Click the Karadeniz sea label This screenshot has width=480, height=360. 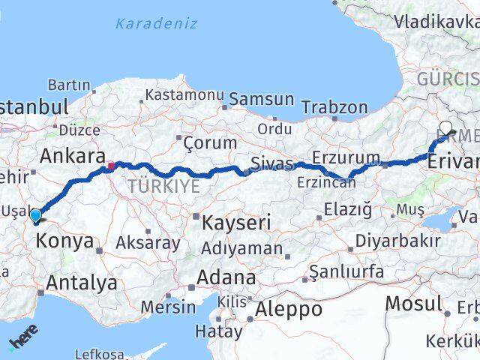156,23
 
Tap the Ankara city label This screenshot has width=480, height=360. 72,156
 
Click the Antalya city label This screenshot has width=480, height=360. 82,283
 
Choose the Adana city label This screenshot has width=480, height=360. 226,277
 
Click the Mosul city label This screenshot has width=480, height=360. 413,304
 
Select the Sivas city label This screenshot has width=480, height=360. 271,163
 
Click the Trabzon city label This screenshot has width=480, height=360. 334,107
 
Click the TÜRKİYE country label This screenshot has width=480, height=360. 163,186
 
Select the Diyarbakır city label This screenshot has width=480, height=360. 397,241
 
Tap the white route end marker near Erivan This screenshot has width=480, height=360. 446,128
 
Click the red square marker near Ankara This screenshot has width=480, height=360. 111,166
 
